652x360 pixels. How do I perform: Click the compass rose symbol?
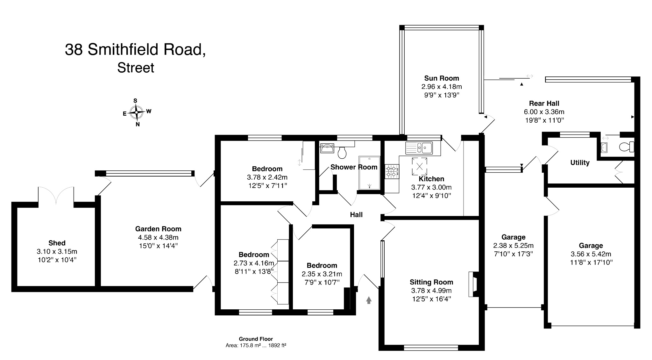coord(137,112)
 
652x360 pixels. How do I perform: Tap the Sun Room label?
coord(441,78)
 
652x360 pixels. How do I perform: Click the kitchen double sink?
coord(419,148)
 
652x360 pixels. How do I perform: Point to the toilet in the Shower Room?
coord(342,153)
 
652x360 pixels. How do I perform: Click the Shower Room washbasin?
coord(327,148)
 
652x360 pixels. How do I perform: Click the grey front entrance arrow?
coord(369,300)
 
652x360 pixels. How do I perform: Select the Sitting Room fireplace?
coord(473,284)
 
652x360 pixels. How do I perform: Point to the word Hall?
coord(356,215)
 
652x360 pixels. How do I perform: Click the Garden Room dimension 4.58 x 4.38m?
coord(158,237)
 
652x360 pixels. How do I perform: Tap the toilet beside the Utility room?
coord(627,147)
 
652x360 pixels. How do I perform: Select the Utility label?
coord(580,163)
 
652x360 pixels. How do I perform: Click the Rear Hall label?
coord(544,104)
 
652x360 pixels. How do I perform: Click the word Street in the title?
coord(136,68)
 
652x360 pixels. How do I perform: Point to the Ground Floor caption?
coord(256,339)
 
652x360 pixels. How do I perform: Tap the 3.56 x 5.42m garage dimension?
coord(591,254)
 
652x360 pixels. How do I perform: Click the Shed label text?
coord(57,243)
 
